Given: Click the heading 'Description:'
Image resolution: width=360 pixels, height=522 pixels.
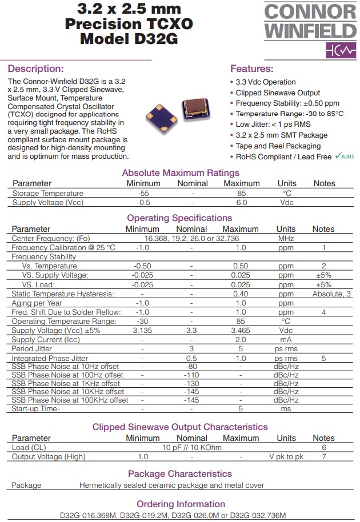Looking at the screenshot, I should coord(35,69).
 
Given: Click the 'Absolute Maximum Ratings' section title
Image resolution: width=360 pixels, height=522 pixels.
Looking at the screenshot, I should coord(181,173).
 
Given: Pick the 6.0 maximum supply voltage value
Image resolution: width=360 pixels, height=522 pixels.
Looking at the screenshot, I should coord(241,202).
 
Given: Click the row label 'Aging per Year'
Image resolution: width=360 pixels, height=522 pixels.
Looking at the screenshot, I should coord(37,303).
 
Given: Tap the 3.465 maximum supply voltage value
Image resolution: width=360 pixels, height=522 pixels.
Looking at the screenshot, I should coord(241,331).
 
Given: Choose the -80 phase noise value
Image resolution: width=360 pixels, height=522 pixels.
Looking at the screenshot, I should coord(191,367).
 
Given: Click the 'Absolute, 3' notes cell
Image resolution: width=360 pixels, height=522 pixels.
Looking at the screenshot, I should coord(331,294).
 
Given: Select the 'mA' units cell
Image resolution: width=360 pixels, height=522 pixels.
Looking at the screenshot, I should coord(286,340).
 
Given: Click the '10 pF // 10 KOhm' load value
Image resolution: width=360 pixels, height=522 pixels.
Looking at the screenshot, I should coord(192,447).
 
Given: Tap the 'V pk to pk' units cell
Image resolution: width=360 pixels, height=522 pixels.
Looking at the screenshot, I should coord(286,456).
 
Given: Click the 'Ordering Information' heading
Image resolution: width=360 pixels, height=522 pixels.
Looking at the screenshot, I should coord(180,504).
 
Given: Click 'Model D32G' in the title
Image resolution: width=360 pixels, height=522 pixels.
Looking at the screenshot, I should coord(129,39).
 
